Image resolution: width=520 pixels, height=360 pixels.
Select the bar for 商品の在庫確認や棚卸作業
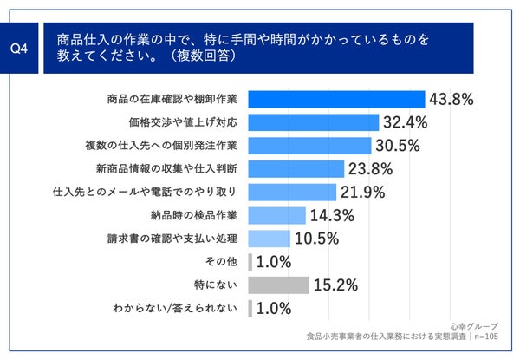tap(336, 99)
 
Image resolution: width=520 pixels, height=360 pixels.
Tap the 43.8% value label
tap(452, 99)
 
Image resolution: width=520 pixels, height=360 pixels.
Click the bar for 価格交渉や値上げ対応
tap(314, 122)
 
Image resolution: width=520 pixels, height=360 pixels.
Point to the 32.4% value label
tap(406, 122)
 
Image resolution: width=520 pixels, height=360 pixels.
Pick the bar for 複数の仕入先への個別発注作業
tap(309, 145)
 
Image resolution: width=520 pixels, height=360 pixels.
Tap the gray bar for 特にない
tap(279, 285)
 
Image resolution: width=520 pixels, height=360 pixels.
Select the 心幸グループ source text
tap(474, 326)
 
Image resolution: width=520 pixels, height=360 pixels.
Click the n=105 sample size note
tap(492, 337)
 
